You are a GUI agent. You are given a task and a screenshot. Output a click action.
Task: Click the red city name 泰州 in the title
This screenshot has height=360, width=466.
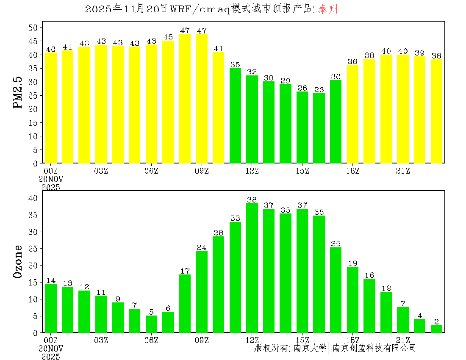[x=327, y=9]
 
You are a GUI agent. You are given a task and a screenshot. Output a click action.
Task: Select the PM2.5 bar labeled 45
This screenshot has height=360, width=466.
[x=168, y=102]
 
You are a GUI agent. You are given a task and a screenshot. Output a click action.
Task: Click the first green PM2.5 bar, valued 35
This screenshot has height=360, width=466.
[x=235, y=116]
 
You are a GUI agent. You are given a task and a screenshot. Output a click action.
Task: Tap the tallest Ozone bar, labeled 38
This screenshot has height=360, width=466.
[x=252, y=268]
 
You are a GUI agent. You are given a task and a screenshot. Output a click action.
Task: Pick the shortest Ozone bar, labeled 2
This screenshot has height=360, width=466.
[x=436, y=329]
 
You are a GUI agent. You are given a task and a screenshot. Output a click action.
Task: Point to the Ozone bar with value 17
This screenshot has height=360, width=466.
[x=185, y=303]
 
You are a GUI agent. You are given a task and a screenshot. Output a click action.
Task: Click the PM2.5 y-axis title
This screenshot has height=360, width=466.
[x=18, y=93]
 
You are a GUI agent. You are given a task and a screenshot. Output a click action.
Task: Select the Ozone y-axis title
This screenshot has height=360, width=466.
[x=18, y=261]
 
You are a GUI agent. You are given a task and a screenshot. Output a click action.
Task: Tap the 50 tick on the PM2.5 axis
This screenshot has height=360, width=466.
[x=33, y=28]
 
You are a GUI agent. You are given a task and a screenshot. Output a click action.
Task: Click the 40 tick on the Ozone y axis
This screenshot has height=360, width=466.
[x=33, y=198]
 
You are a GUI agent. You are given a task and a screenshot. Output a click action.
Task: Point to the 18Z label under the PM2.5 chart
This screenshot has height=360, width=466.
[x=352, y=171]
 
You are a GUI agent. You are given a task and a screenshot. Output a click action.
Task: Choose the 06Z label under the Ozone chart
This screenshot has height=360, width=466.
[x=151, y=340]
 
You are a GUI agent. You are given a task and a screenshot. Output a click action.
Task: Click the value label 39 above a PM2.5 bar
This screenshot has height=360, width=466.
[x=419, y=53]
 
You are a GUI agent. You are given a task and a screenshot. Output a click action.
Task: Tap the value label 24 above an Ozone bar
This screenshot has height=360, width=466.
[x=202, y=247]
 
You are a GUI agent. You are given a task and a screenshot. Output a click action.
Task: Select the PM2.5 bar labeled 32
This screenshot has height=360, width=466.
[x=252, y=119]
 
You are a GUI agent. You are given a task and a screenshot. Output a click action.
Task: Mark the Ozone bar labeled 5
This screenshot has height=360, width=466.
[x=151, y=324]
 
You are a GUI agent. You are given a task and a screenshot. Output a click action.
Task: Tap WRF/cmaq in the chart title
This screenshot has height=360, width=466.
[x=199, y=9]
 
